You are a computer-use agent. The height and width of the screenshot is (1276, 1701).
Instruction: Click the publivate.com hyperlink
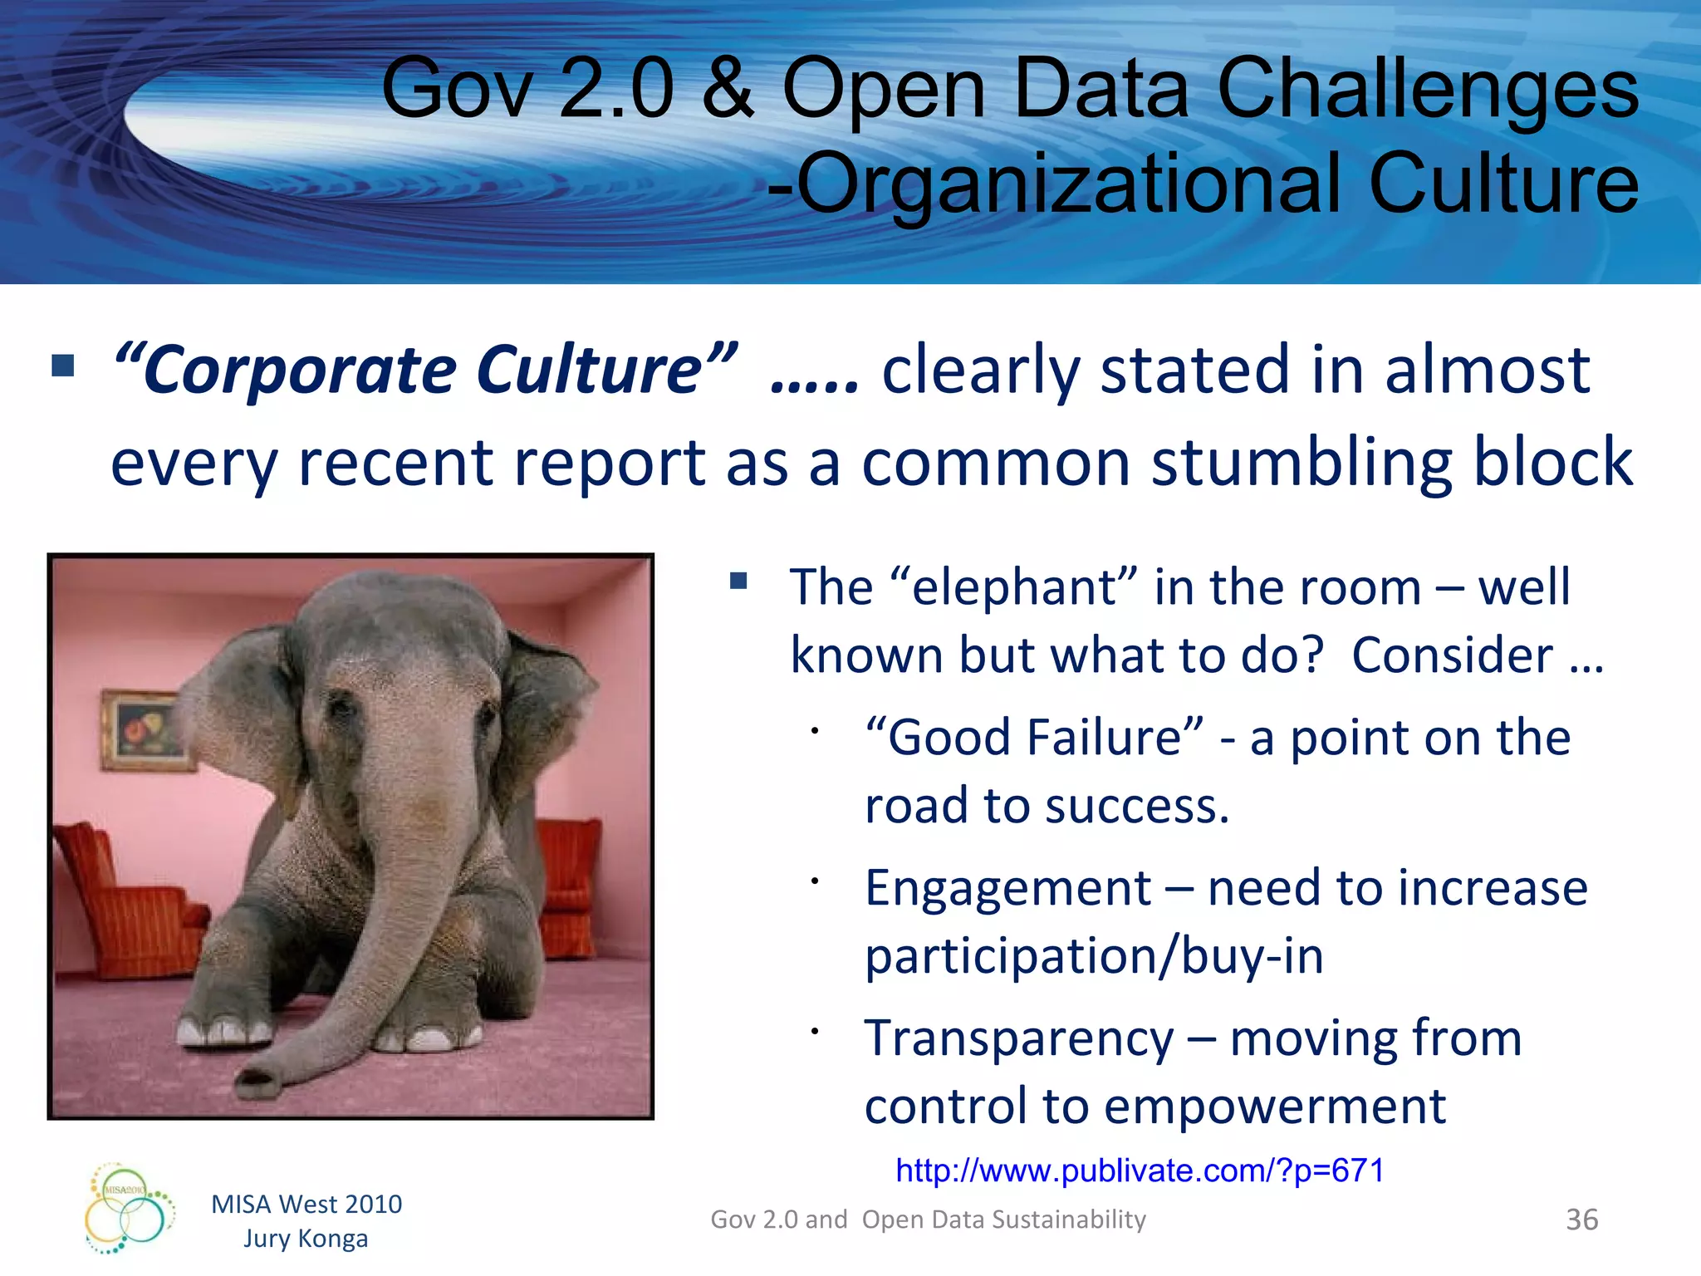pyautogui.click(x=1140, y=1170)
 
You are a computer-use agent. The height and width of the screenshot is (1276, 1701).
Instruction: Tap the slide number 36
pyautogui.click(x=1581, y=1220)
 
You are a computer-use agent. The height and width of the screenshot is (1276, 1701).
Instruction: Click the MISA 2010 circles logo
pyautogui.click(x=130, y=1209)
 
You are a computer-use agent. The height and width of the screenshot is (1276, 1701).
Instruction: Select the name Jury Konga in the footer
pyautogui.click(x=306, y=1239)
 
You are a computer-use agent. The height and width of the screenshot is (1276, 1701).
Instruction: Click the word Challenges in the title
pyautogui.click(x=1427, y=88)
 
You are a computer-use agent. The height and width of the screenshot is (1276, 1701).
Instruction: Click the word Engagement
pyautogui.click(x=1007, y=889)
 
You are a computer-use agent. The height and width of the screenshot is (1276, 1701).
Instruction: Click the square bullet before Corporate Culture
pyautogui.click(x=63, y=366)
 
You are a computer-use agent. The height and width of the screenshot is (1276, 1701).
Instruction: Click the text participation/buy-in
pyautogui.click(x=1094, y=956)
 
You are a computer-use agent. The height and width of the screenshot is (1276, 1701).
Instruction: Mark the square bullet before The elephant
pyautogui.click(x=738, y=581)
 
